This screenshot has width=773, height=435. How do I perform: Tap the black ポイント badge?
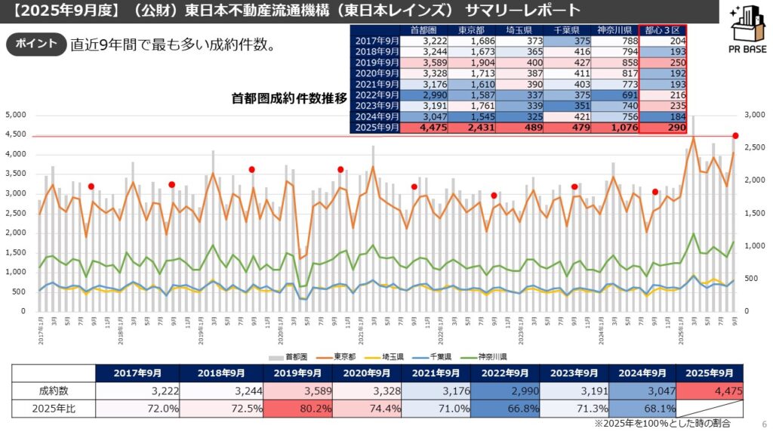point(35,44)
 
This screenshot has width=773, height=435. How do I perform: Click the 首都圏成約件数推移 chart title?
point(289,97)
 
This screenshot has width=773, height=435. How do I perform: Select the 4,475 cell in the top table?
point(430,128)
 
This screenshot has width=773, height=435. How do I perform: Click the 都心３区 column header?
point(663,29)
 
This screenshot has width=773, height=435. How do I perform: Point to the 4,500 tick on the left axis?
point(16,134)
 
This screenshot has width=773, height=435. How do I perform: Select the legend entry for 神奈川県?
point(486,356)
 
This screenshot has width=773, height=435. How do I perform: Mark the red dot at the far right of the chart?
point(735,136)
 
